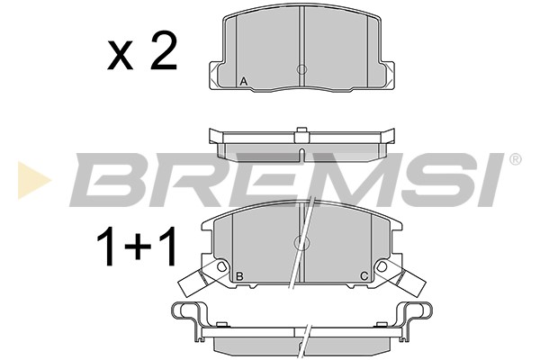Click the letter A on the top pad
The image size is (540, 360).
(x=244, y=82)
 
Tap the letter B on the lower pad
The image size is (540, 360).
(x=240, y=276)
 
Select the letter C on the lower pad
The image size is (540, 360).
(x=364, y=276)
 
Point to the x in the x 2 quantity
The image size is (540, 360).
(x=121, y=57)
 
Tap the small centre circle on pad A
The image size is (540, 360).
(x=301, y=69)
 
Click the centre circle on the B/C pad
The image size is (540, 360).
(x=301, y=242)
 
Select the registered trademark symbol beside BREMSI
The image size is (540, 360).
(x=515, y=159)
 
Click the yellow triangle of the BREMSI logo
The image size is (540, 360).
(x=34, y=180)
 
